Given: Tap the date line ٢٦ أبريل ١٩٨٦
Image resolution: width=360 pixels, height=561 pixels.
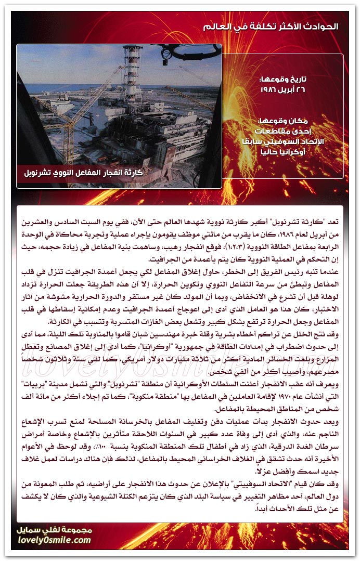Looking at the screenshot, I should [282, 89].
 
